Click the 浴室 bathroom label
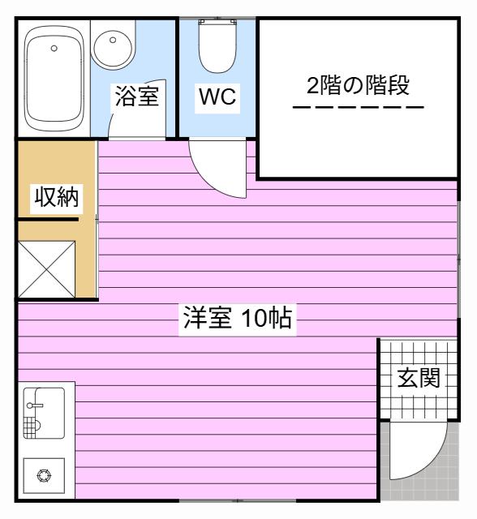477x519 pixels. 137,96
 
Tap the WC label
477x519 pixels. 217,97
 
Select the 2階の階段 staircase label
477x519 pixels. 359,85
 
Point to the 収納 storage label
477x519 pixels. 57,197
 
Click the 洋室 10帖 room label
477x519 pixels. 238,318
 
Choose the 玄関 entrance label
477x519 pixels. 419,378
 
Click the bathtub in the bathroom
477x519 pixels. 54,79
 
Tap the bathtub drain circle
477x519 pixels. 54,49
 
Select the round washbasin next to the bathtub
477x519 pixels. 113,49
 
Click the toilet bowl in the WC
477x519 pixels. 217,47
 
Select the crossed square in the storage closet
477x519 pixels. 46,269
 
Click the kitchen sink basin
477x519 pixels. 49,413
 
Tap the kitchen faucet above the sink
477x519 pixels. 35,405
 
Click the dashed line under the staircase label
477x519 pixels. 359,107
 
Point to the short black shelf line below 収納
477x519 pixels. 48,219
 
